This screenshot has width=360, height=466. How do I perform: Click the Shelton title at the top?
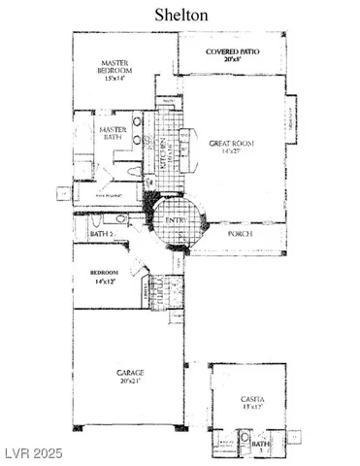(180, 15)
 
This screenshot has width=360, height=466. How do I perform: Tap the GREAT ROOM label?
(229, 144)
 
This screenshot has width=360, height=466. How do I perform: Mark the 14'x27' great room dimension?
(229, 152)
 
